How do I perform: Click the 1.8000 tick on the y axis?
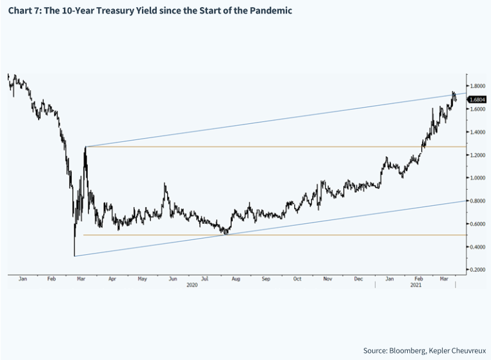coord(477,86)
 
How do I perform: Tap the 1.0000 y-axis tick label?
coord(477,178)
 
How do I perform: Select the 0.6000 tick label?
coord(477,224)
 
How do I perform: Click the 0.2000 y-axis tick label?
coord(477,270)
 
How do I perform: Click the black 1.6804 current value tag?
coord(477,99)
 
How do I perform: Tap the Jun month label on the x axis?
coord(173,279)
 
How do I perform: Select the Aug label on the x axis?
coord(235,279)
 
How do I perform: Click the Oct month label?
coord(297,279)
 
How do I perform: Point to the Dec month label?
coord(359,279)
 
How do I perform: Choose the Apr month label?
coord(112,279)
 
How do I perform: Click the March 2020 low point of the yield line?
coord(75,255)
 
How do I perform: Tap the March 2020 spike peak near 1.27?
coord(85,147)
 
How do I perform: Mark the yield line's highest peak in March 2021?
coord(454,92)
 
